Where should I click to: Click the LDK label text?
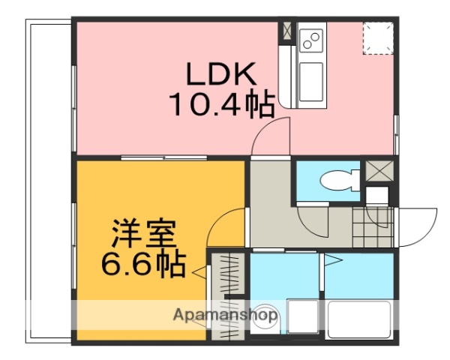click(221, 75)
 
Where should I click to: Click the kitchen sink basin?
click(310, 77)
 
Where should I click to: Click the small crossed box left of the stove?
click(286, 31)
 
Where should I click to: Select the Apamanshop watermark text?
click(225, 315)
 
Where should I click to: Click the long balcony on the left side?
click(49, 180)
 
